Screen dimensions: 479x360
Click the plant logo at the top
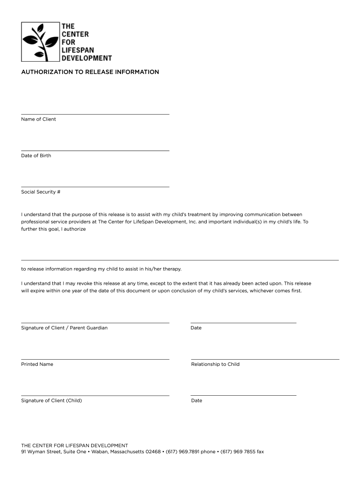(x=41, y=42)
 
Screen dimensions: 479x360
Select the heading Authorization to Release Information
(x=90, y=72)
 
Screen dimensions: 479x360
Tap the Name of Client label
(x=38, y=119)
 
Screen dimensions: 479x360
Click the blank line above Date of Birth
(x=95, y=151)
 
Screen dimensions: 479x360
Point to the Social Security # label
(x=41, y=192)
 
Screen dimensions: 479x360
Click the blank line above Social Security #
(x=95, y=187)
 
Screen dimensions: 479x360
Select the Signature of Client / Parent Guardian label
(x=64, y=328)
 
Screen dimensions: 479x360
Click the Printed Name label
(x=37, y=364)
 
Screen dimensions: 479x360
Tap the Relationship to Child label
(x=215, y=364)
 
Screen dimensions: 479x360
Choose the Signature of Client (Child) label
(x=51, y=401)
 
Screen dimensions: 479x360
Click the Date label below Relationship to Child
(x=196, y=401)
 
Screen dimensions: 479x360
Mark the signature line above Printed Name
(x=95, y=359)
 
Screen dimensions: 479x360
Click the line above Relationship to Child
(x=265, y=359)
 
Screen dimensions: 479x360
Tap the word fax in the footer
(x=260, y=452)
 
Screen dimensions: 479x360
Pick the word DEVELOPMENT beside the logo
(x=87, y=58)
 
